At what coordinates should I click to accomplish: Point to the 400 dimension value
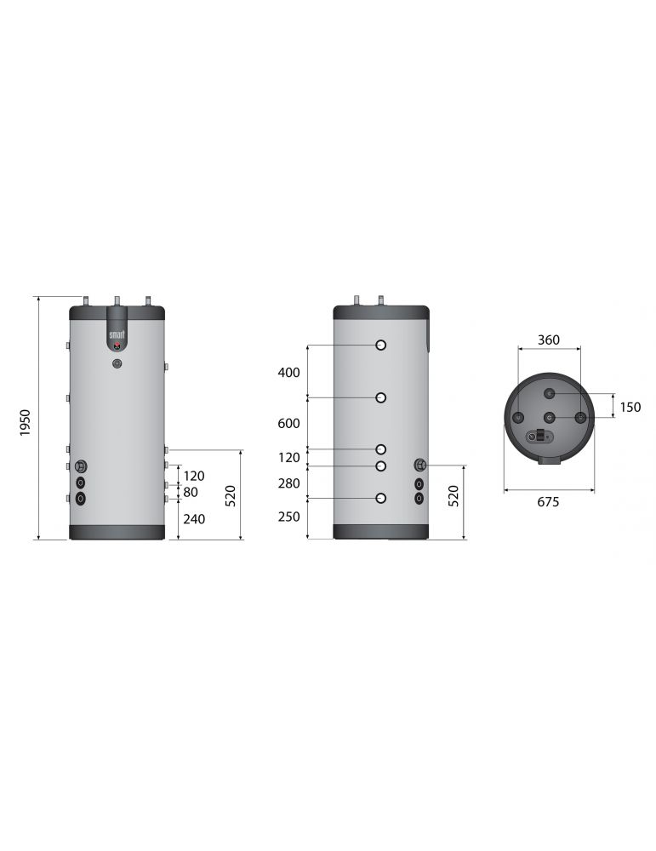(289, 373)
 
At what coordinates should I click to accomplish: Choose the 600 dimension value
(289, 424)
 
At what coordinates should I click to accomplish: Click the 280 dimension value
(289, 483)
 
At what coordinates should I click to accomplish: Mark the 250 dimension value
(289, 517)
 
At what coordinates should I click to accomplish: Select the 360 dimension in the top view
(549, 340)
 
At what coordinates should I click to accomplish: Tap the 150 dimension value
(630, 407)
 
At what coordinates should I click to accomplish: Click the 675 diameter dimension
(549, 502)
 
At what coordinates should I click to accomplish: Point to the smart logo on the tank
(117, 334)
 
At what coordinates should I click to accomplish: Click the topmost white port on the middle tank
(382, 346)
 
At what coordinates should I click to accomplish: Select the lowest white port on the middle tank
(382, 498)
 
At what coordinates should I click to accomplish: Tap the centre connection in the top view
(550, 418)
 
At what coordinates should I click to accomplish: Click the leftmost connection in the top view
(518, 418)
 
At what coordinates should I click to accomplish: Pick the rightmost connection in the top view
(580, 418)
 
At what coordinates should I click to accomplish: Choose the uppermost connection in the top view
(550, 393)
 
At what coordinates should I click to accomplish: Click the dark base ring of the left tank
(117, 532)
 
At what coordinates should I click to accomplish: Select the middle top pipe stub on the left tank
(117, 301)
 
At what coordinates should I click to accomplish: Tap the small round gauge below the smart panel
(117, 363)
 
